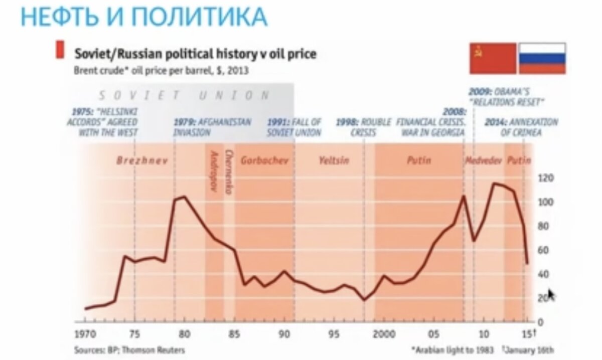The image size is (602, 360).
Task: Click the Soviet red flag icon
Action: [493, 58]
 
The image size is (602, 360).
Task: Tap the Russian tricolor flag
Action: [542, 58]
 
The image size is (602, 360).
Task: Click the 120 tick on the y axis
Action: [545, 178]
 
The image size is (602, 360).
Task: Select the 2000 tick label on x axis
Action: [385, 334]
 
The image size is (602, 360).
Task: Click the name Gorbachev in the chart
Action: [264, 161]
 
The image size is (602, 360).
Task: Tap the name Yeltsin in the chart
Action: [334, 161]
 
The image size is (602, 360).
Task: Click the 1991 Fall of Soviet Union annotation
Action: [294, 127]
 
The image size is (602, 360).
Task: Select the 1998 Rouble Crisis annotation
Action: [363, 127]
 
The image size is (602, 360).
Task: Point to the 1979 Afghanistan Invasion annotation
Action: [212, 127]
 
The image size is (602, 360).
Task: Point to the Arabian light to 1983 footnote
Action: [452, 349]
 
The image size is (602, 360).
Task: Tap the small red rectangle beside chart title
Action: [60, 51]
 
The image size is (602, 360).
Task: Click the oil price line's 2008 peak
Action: [464, 196]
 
